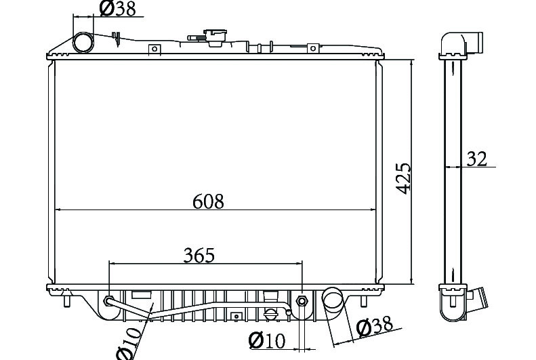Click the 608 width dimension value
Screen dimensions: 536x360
[x=208, y=201]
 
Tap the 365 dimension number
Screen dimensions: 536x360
[x=199, y=255]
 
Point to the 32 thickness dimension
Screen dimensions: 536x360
[x=476, y=159]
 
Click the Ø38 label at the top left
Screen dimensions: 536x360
[x=118, y=9]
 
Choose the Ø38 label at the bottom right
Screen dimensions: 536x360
[x=374, y=326]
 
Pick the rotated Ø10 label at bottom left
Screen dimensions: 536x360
[x=129, y=343]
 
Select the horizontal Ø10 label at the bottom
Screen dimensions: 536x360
[x=266, y=340]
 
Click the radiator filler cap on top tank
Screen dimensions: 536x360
[x=215, y=37]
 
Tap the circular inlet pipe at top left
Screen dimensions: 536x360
[x=83, y=43]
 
